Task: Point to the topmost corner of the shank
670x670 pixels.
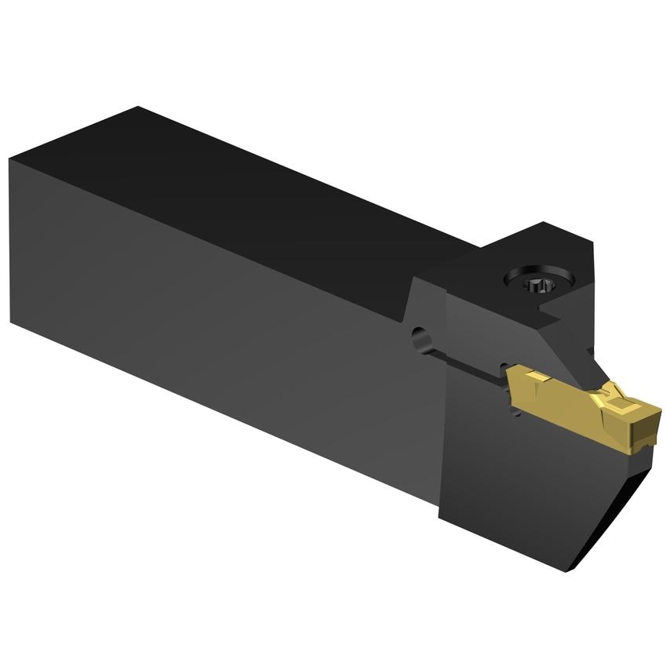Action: pos(138,107)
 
